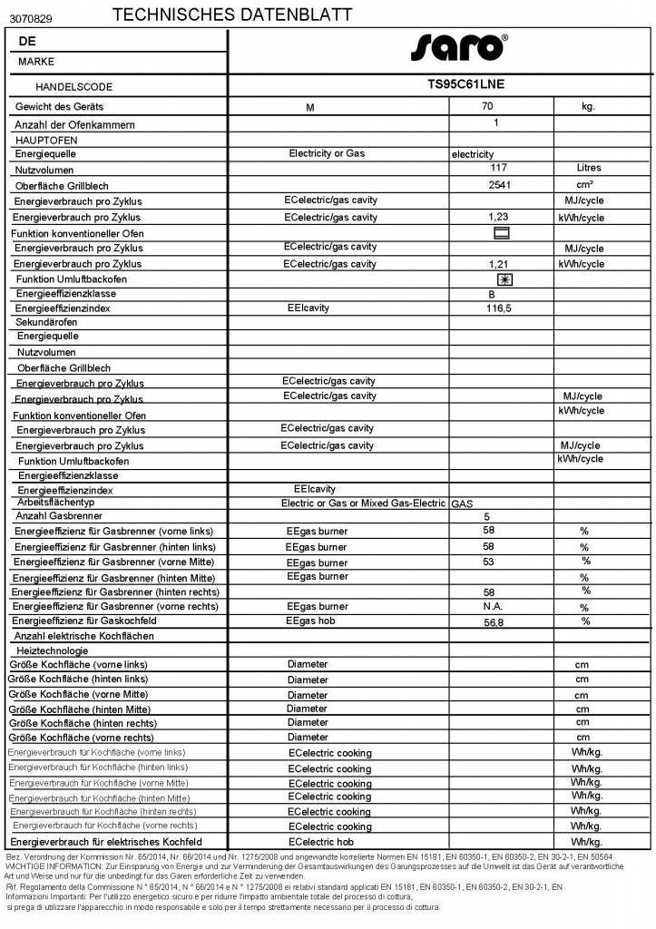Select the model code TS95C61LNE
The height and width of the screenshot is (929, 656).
click(465, 84)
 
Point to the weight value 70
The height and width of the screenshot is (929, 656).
click(499, 105)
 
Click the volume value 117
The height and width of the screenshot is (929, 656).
click(498, 168)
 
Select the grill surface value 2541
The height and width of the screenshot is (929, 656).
click(500, 184)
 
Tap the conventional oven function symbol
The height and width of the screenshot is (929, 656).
click(501, 233)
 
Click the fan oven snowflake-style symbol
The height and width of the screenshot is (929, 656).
click(504, 279)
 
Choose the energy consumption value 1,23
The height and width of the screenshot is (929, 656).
click(497, 218)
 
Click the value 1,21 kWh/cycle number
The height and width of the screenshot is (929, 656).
click(497, 263)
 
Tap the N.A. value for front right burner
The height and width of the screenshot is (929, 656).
click(493, 606)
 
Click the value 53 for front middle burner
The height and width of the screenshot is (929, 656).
click(489, 562)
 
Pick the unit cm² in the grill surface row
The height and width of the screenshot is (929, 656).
click(584, 184)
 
